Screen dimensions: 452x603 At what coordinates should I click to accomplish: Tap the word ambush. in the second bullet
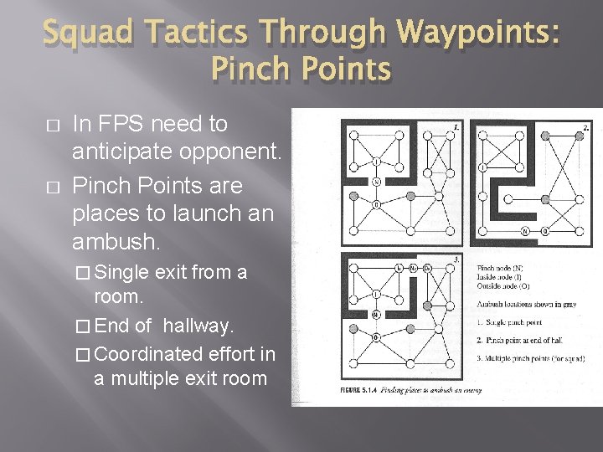point(115,243)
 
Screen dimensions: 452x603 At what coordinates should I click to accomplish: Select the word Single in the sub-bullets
point(123,273)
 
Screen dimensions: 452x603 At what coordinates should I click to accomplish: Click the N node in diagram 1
point(377,181)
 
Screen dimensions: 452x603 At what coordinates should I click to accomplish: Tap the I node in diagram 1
point(377,162)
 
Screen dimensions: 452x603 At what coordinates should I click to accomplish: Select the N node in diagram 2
point(525,230)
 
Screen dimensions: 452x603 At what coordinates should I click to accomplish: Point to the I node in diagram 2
point(483,167)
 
